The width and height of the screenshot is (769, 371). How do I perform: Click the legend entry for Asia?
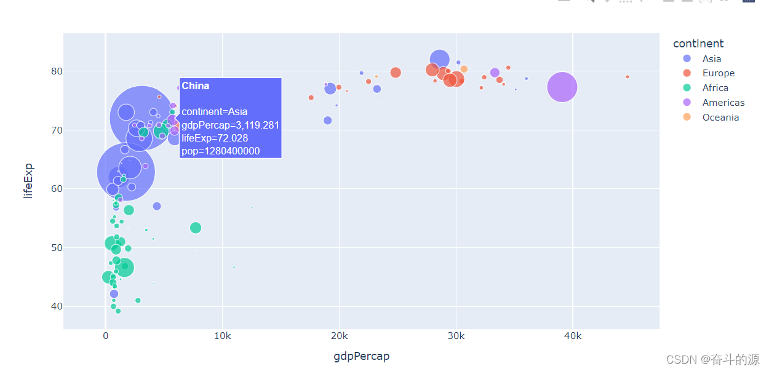(x=711, y=59)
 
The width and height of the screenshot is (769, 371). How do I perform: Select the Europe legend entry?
(x=718, y=73)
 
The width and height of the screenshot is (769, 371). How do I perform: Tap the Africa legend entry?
(x=715, y=88)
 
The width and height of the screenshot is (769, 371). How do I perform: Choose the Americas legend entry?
(x=723, y=103)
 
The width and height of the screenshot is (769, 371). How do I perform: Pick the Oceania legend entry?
(x=720, y=118)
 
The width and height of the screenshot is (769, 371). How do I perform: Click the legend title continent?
(x=698, y=44)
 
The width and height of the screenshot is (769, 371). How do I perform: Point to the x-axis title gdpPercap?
(x=361, y=356)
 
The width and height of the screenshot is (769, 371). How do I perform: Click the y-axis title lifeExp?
(x=28, y=181)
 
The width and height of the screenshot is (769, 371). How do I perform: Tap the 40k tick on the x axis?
(x=572, y=337)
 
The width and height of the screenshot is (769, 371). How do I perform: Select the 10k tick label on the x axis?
(x=222, y=337)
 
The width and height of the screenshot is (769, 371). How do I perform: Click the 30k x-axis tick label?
(x=456, y=337)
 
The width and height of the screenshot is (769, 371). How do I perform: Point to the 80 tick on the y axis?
(x=57, y=71)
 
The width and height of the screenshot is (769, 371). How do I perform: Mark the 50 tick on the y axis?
(x=57, y=247)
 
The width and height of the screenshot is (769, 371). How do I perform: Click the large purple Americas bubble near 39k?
(x=562, y=87)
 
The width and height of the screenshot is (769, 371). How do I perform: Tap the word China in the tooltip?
(x=196, y=86)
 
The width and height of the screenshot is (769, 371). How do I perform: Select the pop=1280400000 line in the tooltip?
(x=221, y=151)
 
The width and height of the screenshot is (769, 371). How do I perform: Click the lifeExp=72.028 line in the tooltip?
(x=215, y=138)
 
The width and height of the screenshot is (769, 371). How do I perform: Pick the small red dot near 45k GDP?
(x=627, y=77)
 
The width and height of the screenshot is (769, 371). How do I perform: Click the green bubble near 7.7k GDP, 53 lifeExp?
(x=196, y=228)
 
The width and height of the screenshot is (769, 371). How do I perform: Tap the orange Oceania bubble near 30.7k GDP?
(x=464, y=69)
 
